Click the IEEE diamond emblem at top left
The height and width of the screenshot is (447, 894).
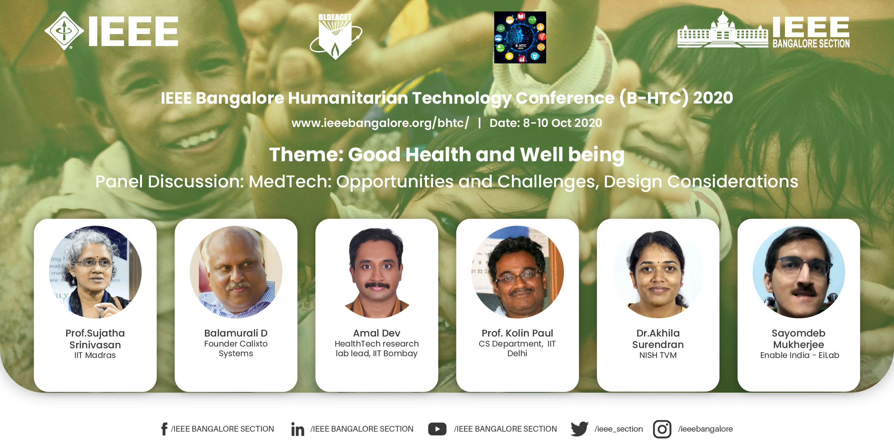64,31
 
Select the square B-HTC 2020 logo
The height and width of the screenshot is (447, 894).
520,37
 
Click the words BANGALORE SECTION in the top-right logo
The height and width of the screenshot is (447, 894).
811,44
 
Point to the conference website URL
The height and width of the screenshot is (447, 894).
380,123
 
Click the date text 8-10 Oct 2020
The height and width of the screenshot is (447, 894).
563,123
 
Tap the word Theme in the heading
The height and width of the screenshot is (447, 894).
306,154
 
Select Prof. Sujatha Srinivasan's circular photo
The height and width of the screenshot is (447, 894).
95,272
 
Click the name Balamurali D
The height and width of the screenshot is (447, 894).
236,333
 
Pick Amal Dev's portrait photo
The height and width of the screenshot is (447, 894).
377,272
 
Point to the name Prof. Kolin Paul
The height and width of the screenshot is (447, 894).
517,333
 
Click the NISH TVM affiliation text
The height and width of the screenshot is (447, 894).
658,355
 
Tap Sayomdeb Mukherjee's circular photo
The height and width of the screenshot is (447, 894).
799,272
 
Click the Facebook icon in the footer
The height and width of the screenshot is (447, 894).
164,429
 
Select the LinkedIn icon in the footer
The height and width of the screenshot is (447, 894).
298,429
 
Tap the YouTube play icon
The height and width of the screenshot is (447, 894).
437,429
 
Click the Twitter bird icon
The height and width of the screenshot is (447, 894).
579,429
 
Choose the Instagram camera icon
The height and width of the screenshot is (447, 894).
662,429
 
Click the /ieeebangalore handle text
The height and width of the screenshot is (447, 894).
705,429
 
